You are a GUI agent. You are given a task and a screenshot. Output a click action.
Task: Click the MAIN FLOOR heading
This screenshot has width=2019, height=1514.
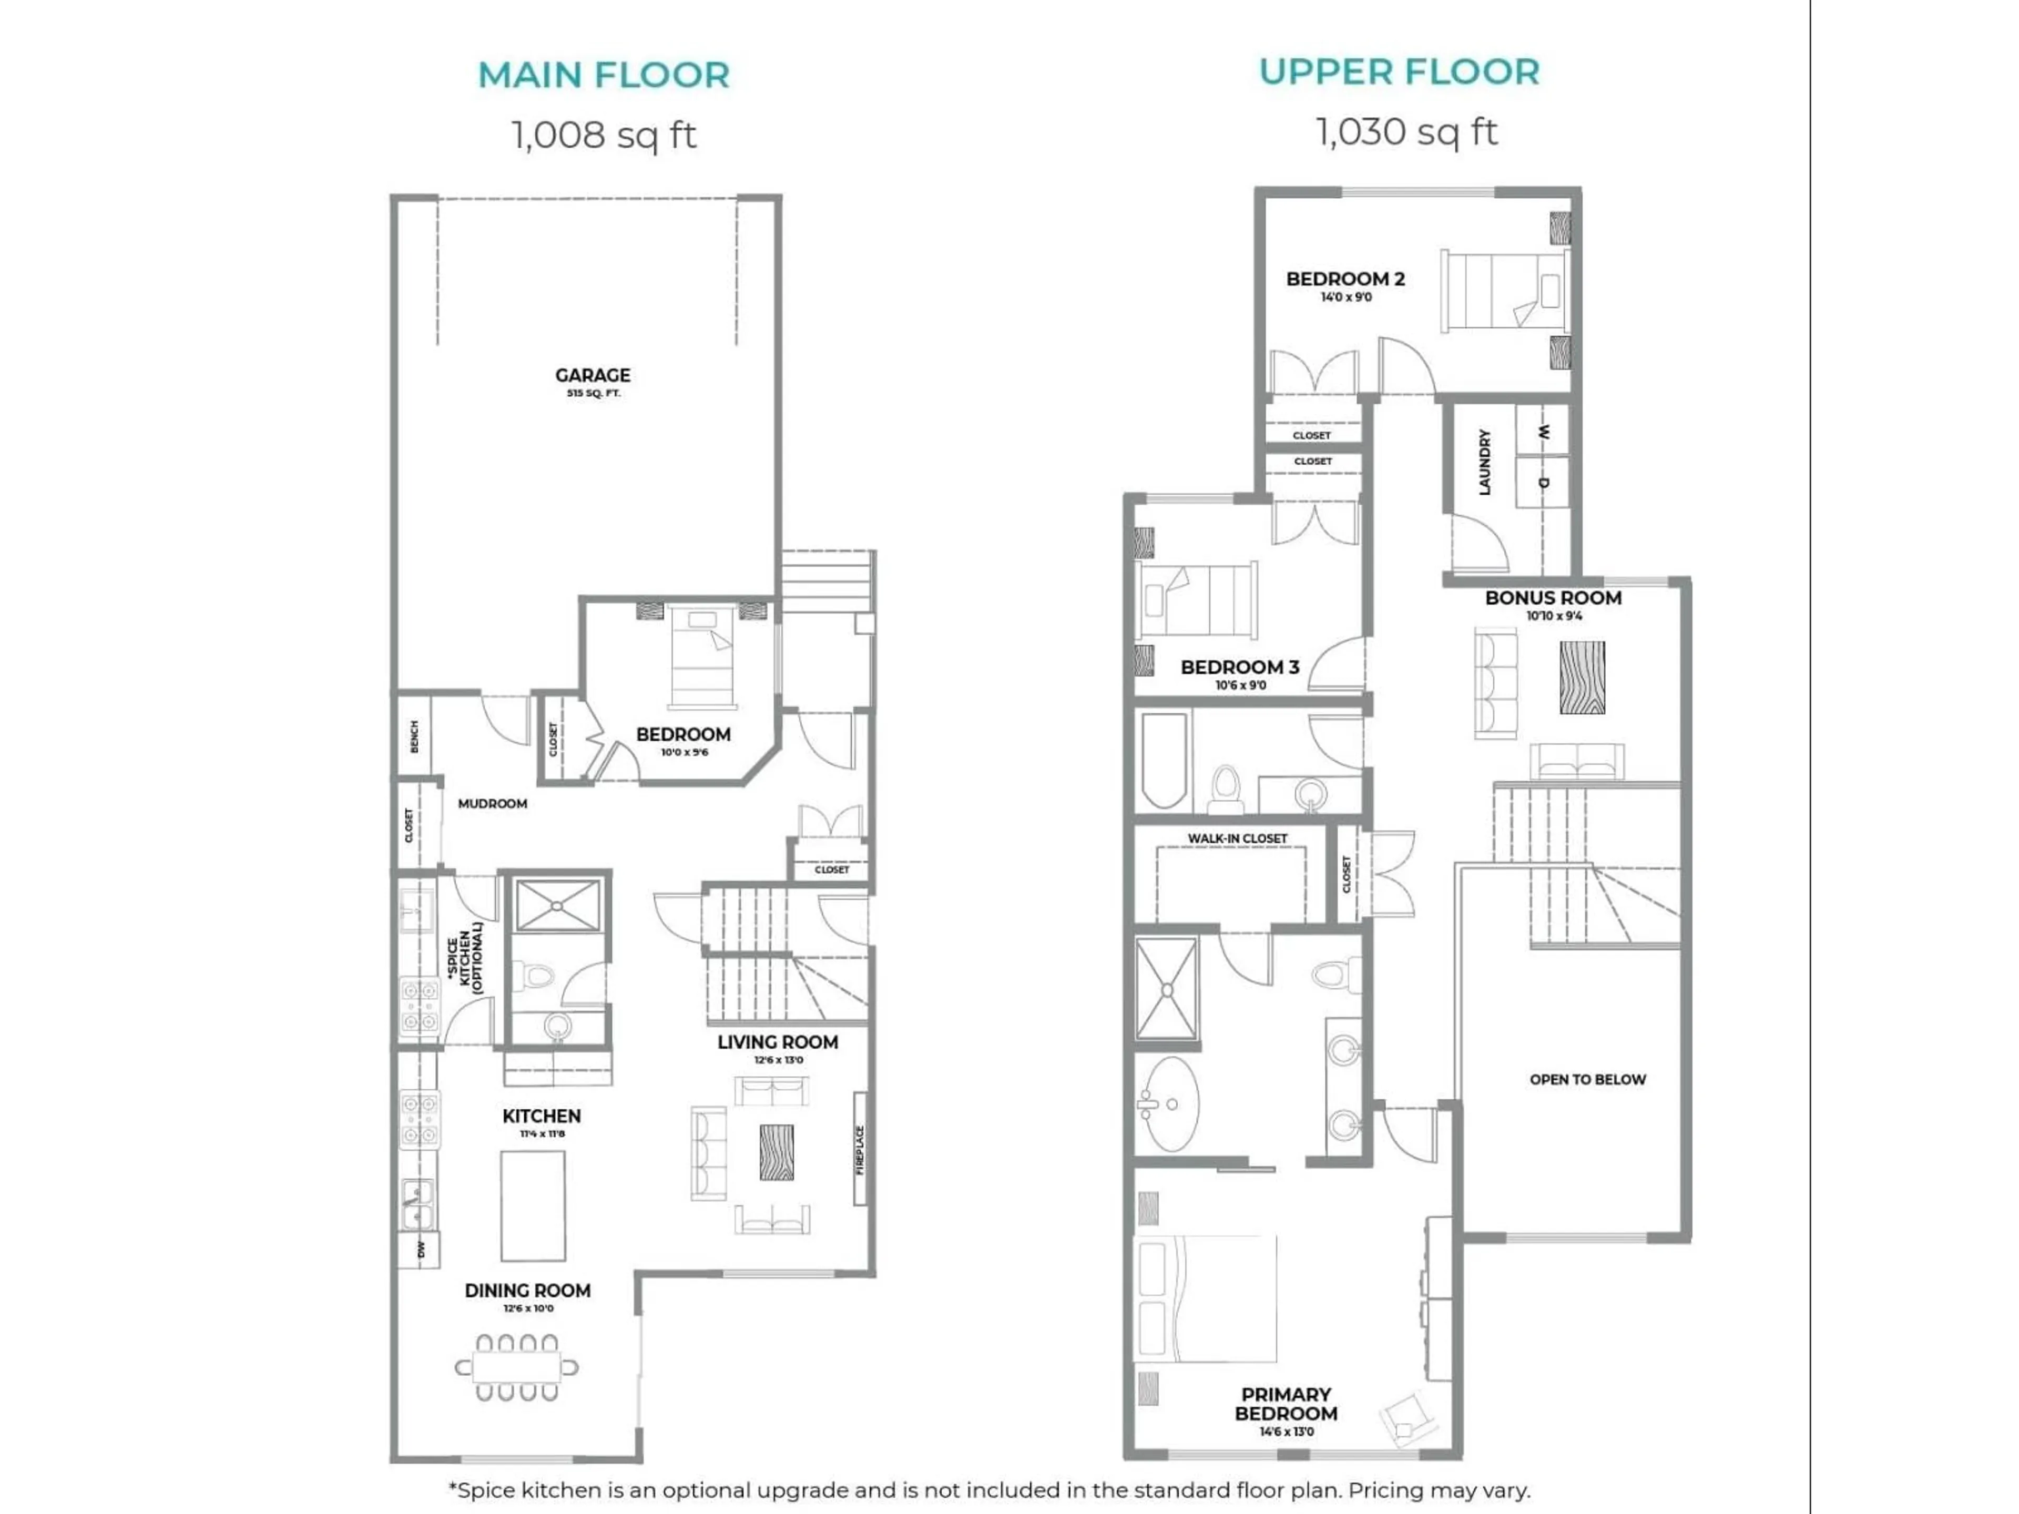coord(603,75)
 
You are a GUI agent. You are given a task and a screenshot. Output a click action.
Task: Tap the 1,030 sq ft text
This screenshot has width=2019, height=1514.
coord(1405,132)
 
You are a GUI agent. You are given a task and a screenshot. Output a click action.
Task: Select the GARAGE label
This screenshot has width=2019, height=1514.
coord(593,375)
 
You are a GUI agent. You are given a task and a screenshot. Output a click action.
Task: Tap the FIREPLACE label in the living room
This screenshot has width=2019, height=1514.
coord(860,1150)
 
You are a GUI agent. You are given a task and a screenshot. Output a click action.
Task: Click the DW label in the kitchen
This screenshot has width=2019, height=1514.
coord(421,1250)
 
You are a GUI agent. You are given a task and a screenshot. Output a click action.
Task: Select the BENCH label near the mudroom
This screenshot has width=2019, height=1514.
coord(413,735)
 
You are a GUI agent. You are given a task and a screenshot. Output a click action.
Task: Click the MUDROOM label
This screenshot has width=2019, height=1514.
coord(492,803)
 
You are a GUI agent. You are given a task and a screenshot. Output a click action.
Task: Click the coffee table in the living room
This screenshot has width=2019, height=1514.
coord(777,1152)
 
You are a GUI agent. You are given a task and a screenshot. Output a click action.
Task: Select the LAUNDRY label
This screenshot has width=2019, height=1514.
coord(1484,463)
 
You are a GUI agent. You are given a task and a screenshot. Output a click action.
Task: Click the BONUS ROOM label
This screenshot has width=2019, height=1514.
coord(1553,598)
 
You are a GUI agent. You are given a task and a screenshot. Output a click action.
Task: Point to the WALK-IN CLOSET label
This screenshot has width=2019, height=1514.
coord(1237,838)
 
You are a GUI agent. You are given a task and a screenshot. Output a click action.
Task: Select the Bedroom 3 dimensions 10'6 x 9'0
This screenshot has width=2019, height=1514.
coord(1240,686)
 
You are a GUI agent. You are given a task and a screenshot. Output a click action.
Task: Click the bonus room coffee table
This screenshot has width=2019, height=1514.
coord(1582,677)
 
